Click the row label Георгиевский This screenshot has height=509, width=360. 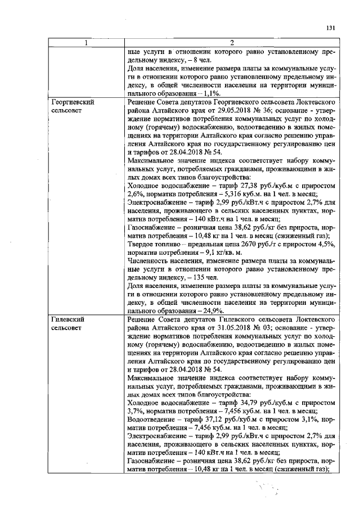click(x=71, y=102)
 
